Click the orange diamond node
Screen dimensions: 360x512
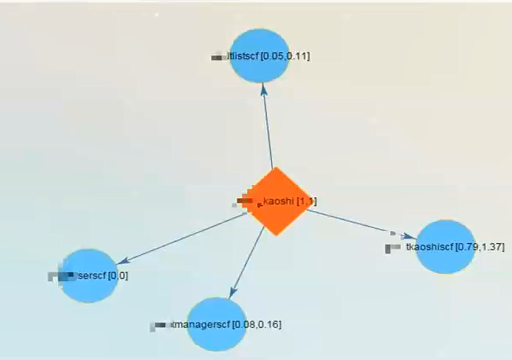[277, 201]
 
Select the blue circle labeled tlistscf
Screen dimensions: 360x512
[260, 56]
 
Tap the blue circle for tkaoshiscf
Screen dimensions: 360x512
[444, 246]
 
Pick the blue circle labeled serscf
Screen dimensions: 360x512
[91, 274]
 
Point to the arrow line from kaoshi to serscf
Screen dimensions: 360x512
[184, 239]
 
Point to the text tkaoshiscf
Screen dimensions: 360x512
[430, 247]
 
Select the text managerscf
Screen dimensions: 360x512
[201, 325]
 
